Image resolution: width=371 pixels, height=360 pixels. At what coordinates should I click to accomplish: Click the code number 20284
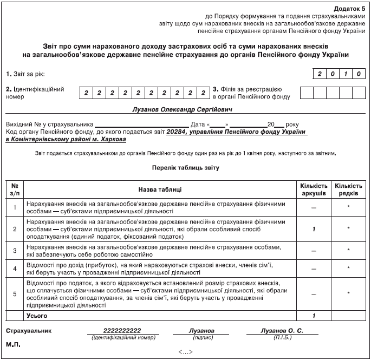177,132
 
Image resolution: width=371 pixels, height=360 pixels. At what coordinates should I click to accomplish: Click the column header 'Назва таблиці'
159,189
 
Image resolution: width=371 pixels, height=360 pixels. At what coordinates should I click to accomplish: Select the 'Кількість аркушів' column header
314,189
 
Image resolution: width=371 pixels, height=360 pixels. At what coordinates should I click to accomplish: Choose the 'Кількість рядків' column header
349,189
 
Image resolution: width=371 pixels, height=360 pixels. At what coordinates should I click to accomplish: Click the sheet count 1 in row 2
314,230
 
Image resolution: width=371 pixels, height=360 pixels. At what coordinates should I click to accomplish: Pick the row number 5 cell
15,294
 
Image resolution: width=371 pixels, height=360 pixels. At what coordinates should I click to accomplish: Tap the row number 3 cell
15,250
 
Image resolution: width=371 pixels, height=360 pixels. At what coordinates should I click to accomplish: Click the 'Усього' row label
37,315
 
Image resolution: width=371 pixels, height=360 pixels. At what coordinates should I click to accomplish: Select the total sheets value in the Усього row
314,315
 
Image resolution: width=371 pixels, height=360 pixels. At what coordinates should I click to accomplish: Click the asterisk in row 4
349,269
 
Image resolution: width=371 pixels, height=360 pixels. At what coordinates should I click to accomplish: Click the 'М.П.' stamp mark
13,344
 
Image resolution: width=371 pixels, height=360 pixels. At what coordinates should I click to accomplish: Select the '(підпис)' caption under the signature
201,337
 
